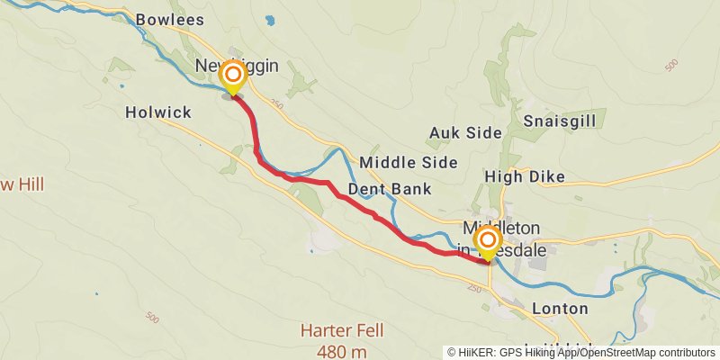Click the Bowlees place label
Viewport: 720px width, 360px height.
coord(169,19)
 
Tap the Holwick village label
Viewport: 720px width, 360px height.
coord(158,112)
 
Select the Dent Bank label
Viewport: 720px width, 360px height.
coord(390,189)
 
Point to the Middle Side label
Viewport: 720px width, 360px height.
coord(408,162)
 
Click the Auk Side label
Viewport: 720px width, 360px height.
coord(464,132)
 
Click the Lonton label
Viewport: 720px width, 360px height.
coord(560,309)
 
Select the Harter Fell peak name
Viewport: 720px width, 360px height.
coord(342,330)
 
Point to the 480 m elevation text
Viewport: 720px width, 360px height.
coord(342,351)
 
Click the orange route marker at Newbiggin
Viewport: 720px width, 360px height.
coord(233,75)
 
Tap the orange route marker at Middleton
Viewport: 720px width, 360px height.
coord(488,240)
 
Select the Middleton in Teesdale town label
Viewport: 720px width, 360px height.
coord(504,239)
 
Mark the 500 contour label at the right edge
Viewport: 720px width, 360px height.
coord(670,67)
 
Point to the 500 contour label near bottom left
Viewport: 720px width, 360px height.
coord(152,319)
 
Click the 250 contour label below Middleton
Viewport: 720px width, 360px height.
coord(474,288)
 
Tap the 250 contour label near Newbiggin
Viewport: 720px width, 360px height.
coord(275,105)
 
